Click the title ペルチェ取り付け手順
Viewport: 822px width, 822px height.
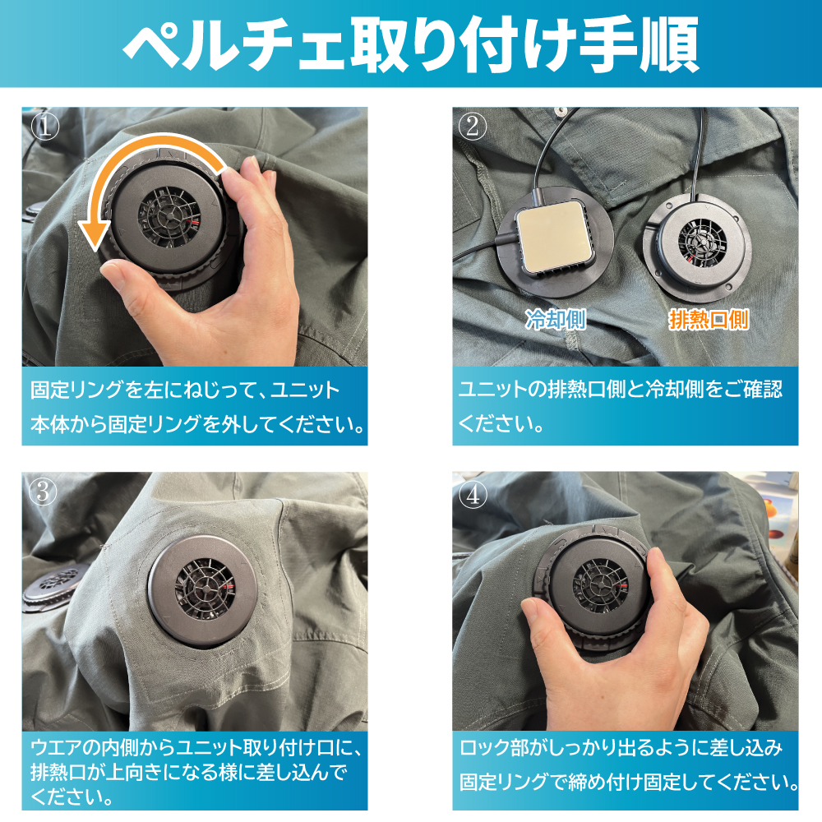(411, 44)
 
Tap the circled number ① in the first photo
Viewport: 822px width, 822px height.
(45, 127)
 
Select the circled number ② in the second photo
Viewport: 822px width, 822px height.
(473, 127)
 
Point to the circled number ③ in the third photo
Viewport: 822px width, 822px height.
(43, 492)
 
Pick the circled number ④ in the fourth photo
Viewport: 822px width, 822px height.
(473, 494)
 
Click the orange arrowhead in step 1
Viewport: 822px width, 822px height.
(95, 234)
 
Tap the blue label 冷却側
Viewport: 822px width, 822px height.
(555, 319)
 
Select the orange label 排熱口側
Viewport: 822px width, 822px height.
(709, 319)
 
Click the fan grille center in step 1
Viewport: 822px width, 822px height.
(169, 214)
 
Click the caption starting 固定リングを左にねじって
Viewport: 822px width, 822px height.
(197, 407)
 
